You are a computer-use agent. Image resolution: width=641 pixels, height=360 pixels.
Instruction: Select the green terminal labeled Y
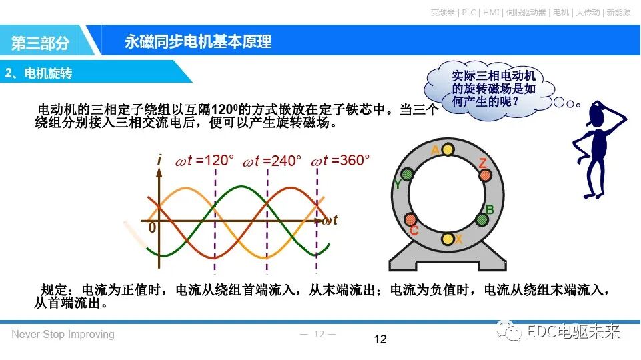pyautogui.click(x=407, y=175)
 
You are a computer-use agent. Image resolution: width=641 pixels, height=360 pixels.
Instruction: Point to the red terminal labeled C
pyautogui.click(x=410, y=219)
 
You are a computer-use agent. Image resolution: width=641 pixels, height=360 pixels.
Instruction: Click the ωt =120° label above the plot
pyautogui.click(x=205, y=161)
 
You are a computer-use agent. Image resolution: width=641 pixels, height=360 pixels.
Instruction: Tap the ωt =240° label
pyautogui.click(x=271, y=161)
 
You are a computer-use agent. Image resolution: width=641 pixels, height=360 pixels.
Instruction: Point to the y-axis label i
pyautogui.click(x=159, y=160)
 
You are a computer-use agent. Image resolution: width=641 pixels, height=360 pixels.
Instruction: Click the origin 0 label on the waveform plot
pyautogui.click(x=152, y=228)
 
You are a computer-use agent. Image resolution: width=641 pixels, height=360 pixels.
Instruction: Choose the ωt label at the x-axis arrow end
pyautogui.click(x=330, y=220)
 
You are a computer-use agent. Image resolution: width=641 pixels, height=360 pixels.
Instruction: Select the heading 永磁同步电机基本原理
pyautogui.click(x=198, y=41)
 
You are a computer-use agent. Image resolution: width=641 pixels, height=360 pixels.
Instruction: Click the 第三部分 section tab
pyautogui.click(x=41, y=43)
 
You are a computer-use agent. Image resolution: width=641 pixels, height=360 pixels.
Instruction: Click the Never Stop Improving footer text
pyautogui.click(x=63, y=335)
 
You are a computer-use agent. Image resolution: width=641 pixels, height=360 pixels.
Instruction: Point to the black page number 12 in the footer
pyautogui.click(x=380, y=340)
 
